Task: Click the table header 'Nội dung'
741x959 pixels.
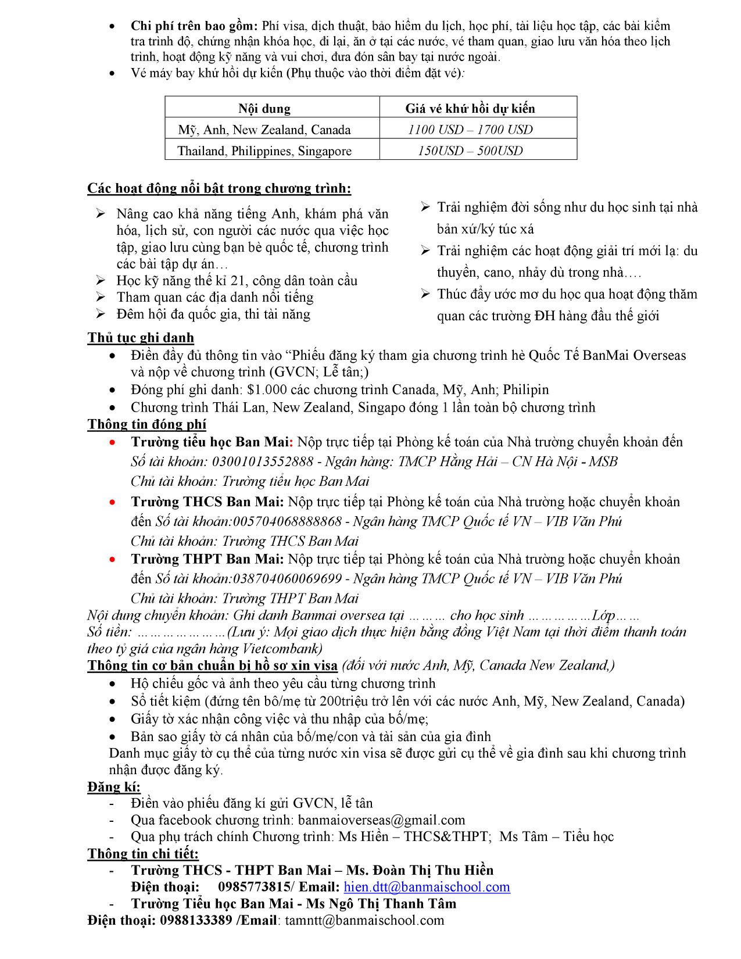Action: (264, 109)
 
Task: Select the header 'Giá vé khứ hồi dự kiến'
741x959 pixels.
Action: (470, 109)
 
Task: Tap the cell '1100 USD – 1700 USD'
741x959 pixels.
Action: (470, 130)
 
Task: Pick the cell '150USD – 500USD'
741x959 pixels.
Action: (470, 151)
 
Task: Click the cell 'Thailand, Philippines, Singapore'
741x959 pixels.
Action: (264, 151)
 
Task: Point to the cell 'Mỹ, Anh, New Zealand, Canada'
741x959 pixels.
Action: (264, 130)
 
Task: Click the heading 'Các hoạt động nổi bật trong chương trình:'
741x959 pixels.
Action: (219, 188)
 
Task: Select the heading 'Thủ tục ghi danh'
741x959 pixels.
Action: (141, 338)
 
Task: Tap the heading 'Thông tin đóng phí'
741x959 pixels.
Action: (146, 424)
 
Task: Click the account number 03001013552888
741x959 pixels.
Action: (263, 462)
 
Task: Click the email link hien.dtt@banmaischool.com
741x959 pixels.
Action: (427, 887)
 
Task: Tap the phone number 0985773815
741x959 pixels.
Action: (254, 887)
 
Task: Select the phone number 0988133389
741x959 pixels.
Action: (196, 921)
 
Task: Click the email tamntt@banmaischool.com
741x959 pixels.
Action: (364, 921)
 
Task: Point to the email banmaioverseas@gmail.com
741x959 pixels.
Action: (381, 820)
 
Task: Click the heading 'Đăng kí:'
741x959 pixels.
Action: (114, 787)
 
